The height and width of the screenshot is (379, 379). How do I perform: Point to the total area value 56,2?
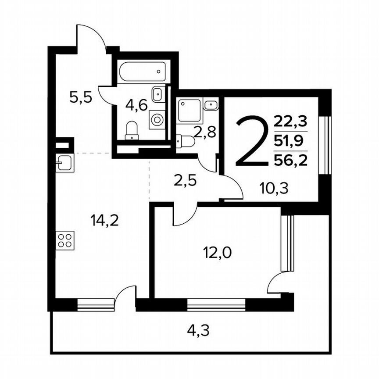[x=290, y=160]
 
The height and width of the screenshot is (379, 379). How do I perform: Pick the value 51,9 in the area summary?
[x=290, y=140]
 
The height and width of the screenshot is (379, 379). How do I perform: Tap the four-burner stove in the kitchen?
[x=65, y=240]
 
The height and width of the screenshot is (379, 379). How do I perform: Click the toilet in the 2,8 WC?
[x=185, y=141]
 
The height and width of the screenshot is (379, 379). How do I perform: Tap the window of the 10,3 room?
[x=325, y=145]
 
